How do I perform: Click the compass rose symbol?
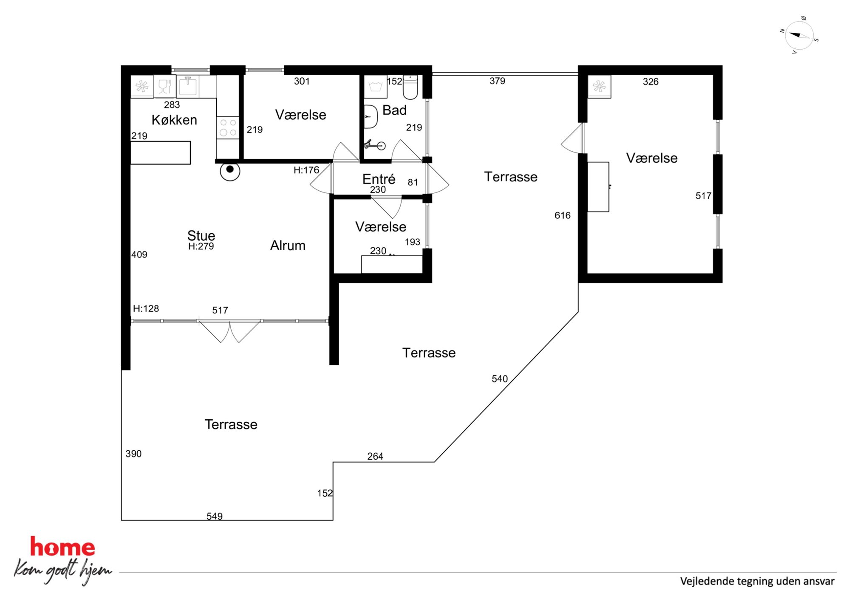pos(799,36)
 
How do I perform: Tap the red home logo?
pos(62,547)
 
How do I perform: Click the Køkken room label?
pos(174,120)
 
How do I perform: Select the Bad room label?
pos(394,110)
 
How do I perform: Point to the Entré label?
pos(379,179)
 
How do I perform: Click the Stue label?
pos(201,235)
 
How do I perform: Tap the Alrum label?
pos(288,246)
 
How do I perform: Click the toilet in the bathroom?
pos(410,87)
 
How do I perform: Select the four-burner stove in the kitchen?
pos(228,127)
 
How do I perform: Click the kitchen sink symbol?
pos(187,86)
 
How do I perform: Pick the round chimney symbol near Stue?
pos(230,171)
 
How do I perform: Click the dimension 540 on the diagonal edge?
pos(500,379)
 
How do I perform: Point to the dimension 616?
pos(562,215)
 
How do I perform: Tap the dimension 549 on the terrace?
pos(215,516)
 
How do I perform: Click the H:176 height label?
pos(306,170)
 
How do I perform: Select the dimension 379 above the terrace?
pos(497,81)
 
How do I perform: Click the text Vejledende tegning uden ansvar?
pos(757,581)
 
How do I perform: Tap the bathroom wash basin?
pos(371,116)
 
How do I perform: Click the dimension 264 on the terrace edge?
pos(375,456)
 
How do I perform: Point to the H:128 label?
pos(146,308)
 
